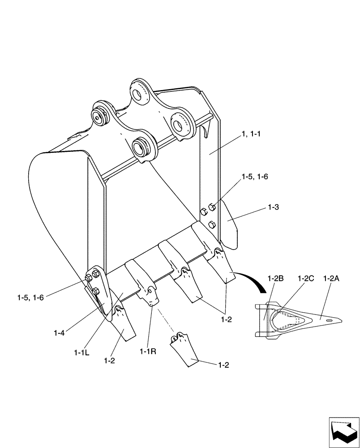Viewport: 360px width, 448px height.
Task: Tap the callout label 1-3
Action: click(x=274, y=207)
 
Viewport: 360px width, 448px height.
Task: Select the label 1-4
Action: click(x=59, y=332)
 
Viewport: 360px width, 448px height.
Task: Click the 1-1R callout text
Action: click(x=148, y=352)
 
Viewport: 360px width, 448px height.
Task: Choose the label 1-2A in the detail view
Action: click(x=331, y=278)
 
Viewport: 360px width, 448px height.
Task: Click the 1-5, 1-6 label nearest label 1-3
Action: click(x=254, y=177)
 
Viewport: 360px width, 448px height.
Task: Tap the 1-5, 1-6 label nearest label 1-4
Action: click(x=30, y=297)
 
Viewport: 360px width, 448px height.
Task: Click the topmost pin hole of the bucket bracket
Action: click(x=140, y=91)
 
